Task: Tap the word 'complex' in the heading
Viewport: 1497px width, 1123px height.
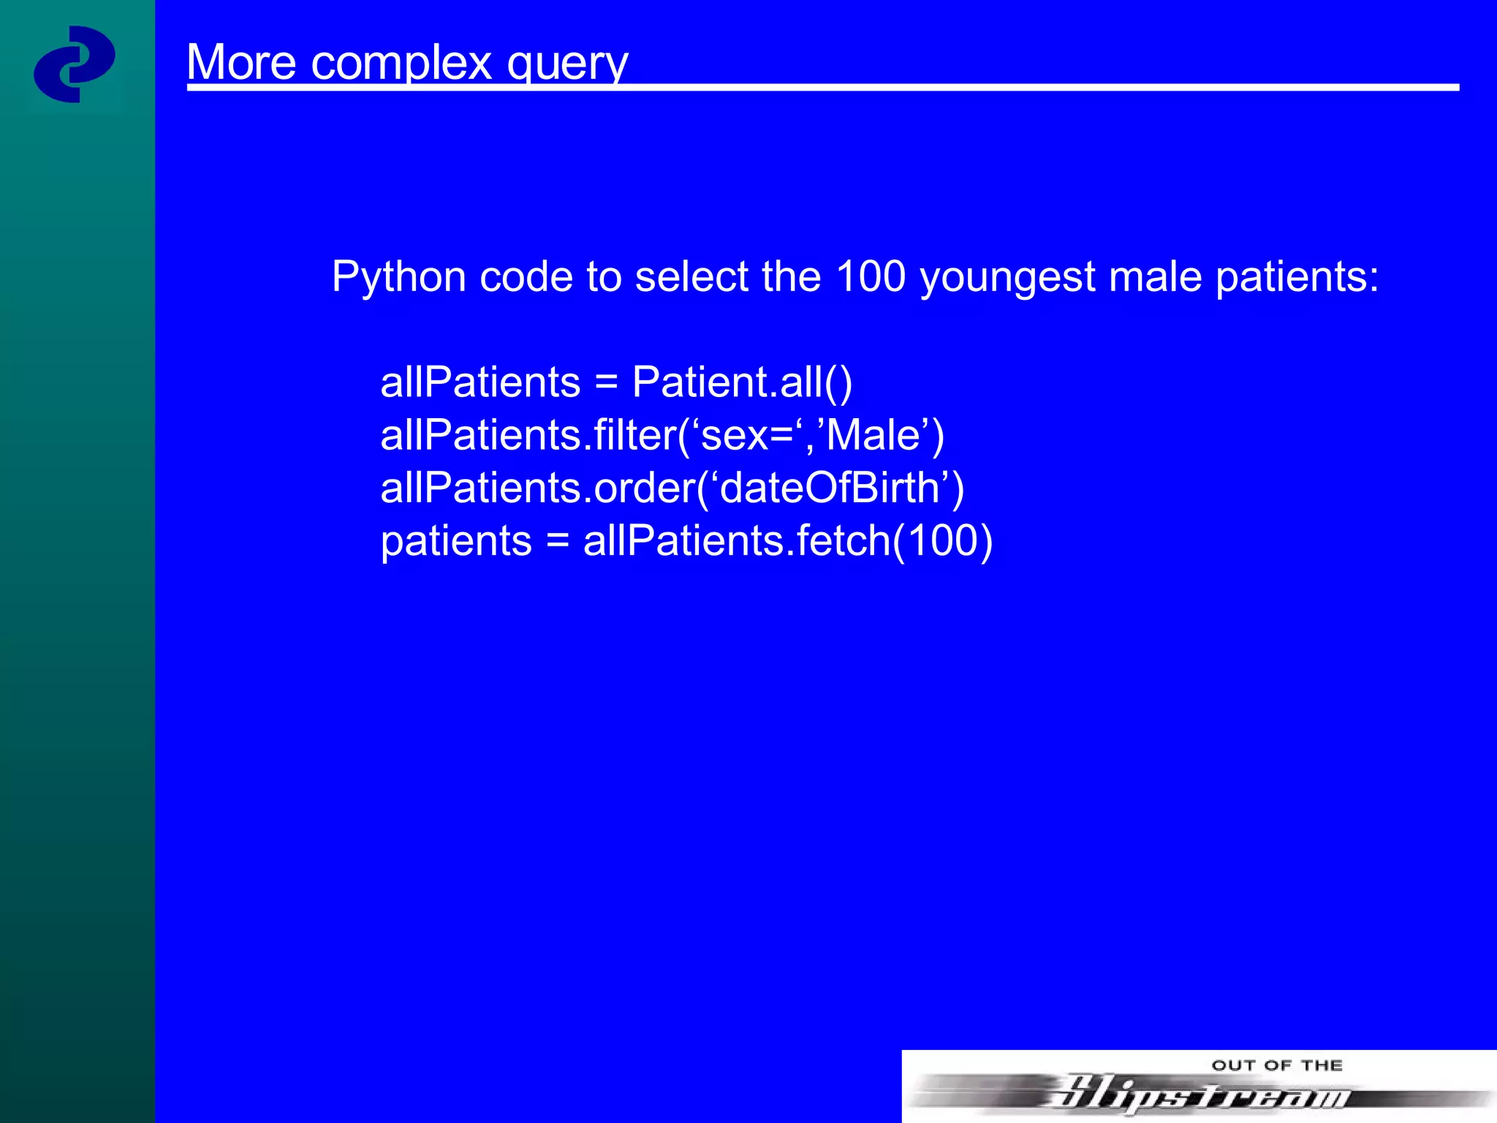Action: [401, 64]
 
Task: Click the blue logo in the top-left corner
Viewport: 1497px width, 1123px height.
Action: [74, 64]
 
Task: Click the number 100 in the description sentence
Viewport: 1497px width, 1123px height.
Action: [870, 276]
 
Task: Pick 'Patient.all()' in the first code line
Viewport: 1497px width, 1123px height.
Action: [742, 382]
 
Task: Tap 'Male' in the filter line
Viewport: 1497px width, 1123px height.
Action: [873, 435]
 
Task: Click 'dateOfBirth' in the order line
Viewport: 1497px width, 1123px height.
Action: [830, 488]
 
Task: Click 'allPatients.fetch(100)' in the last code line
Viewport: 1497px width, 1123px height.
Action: [788, 541]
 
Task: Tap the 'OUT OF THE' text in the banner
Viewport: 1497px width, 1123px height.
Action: [1277, 1065]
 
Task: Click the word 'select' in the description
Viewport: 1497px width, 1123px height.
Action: [691, 276]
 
